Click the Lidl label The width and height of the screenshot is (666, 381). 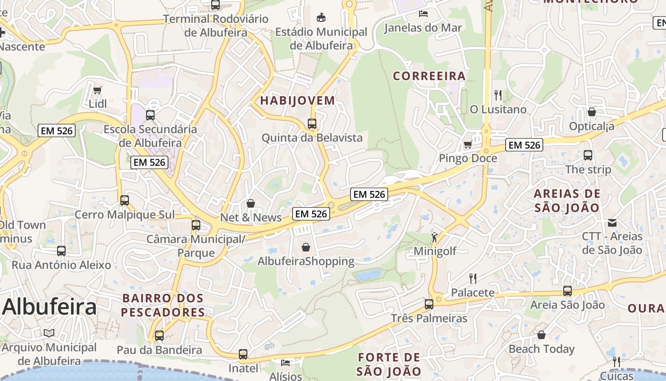(x=98, y=104)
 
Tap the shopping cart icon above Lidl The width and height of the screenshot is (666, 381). (x=98, y=90)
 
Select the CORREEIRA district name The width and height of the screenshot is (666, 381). (x=429, y=76)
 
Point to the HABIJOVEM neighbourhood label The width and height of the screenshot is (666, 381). (x=297, y=100)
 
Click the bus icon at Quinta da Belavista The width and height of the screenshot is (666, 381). (x=312, y=124)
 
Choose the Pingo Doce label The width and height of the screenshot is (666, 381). (x=468, y=158)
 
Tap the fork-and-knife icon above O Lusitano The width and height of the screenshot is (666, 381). (x=498, y=95)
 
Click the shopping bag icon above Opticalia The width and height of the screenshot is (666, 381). (x=592, y=112)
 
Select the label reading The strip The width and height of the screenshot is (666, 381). (x=588, y=170)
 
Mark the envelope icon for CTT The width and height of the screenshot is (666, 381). (x=612, y=222)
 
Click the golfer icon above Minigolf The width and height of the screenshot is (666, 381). (x=434, y=237)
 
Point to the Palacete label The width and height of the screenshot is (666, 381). (x=473, y=292)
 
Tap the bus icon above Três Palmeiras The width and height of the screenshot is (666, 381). (x=429, y=304)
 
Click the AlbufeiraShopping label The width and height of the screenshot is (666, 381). (x=306, y=261)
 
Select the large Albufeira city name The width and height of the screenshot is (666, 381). (x=49, y=307)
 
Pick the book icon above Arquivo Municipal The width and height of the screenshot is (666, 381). (x=49, y=333)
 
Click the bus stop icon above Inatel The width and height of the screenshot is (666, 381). (x=243, y=354)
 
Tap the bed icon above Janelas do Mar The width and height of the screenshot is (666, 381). (x=423, y=13)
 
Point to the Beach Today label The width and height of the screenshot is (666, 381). (x=541, y=349)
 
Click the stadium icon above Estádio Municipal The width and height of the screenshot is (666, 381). (x=322, y=18)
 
